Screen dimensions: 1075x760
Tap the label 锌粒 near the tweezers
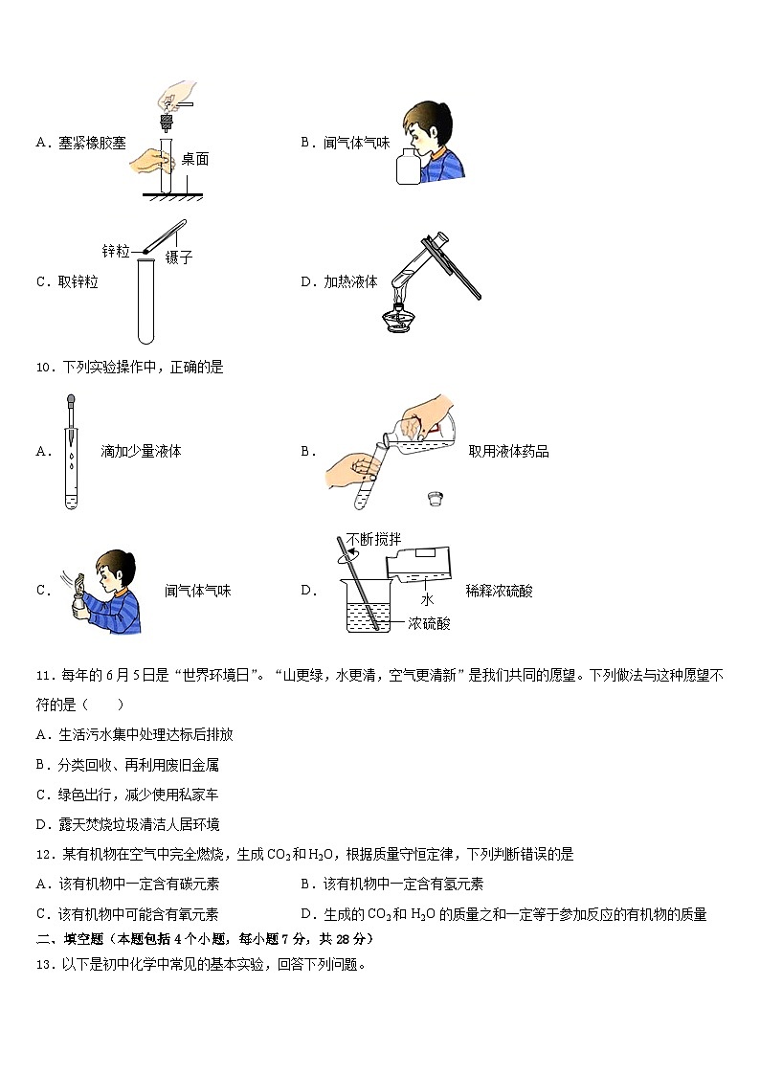click(x=116, y=251)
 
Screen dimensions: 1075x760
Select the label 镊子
click(x=179, y=257)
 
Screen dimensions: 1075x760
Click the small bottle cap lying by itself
click(x=436, y=499)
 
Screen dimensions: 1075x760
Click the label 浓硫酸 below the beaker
click(x=428, y=623)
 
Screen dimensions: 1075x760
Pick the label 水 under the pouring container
click(x=427, y=598)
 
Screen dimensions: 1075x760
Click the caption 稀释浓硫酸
click(x=499, y=591)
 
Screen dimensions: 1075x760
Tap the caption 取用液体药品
click(x=508, y=452)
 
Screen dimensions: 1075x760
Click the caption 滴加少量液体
click(x=141, y=452)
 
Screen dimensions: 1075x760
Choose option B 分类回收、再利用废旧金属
click(x=132, y=765)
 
